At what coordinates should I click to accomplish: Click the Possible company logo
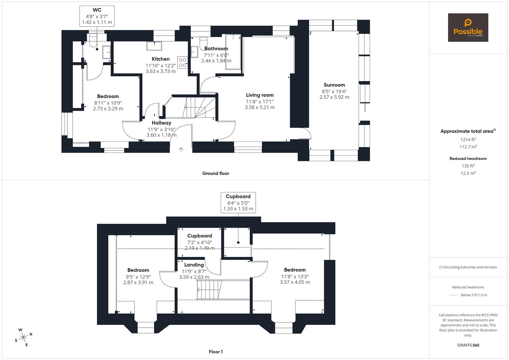pyautogui.click(x=468, y=28)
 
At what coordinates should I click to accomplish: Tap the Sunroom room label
pyautogui.click(x=334, y=85)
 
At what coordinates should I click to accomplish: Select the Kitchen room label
pyautogui.click(x=160, y=59)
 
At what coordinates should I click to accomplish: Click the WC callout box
pyautogui.click(x=97, y=16)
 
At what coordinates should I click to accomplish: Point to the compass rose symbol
pyautogui.click(x=23, y=337)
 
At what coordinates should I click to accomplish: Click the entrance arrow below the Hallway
pyautogui.click(x=181, y=150)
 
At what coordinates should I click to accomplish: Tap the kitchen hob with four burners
pyautogui.click(x=182, y=63)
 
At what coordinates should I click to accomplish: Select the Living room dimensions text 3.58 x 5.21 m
pyautogui.click(x=260, y=107)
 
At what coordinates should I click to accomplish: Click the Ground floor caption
pyautogui.click(x=215, y=173)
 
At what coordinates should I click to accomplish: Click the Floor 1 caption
pyautogui.click(x=216, y=352)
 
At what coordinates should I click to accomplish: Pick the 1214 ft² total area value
pyautogui.click(x=468, y=140)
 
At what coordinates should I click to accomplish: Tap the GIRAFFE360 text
pyautogui.click(x=468, y=345)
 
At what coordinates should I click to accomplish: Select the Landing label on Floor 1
pyautogui.click(x=194, y=265)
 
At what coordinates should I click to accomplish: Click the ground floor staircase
pyautogui.click(x=193, y=107)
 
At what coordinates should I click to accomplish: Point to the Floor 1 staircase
pyautogui.click(x=209, y=290)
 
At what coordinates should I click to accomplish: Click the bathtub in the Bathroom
pyautogui.click(x=233, y=52)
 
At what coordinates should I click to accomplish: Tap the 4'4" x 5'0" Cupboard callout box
pyautogui.click(x=238, y=202)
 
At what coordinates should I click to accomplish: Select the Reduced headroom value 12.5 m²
pyautogui.click(x=468, y=173)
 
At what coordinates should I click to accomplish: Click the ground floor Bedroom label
pyautogui.click(x=108, y=96)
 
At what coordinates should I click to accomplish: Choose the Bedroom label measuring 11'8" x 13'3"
pyautogui.click(x=295, y=270)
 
